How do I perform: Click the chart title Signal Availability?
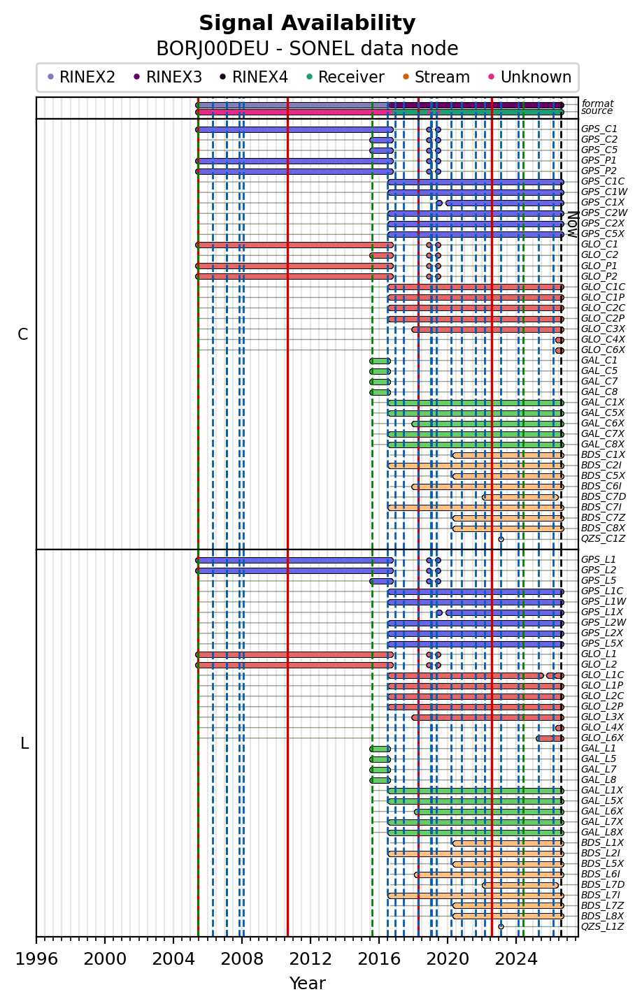point(307,23)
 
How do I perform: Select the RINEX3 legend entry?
point(169,77)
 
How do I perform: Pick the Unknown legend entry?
point(530,77)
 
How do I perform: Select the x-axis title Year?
point(307,983)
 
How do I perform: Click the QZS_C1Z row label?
point(603,539)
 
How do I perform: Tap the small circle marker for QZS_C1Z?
point(501,540)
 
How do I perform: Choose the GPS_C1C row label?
point(603,182)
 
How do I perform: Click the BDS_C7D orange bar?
point(520,497)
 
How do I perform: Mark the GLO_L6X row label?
point(602,738)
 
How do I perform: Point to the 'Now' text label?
point(572,224)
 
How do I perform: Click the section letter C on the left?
point(22,335)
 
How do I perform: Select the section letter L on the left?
point(24,744)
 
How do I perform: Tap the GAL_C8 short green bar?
point(380,392)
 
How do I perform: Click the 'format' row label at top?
point(597,103)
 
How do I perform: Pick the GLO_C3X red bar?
point(487,330)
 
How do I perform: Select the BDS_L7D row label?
point(603,885)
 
